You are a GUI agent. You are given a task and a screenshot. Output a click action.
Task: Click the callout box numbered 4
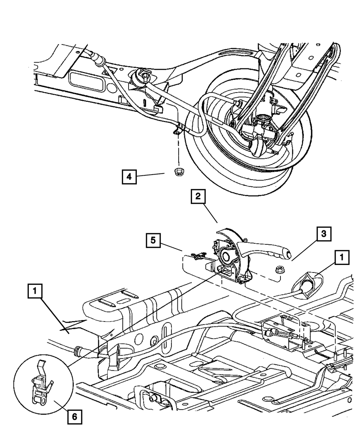point(129,177)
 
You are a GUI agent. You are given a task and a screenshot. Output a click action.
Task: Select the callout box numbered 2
point(198,196)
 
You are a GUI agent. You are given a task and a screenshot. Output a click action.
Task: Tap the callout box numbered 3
point(324,234)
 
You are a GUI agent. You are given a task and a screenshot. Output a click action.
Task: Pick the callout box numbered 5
point(153,240)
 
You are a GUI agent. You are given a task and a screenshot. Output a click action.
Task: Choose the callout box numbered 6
point(75,417)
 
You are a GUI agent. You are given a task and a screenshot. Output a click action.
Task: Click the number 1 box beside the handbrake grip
point(342,257)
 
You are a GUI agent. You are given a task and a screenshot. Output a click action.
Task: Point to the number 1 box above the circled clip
point(35,291)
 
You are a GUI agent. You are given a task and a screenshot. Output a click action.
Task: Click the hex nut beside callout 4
point(178,172)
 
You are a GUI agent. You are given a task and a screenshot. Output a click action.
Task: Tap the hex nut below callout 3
point(280,269)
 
